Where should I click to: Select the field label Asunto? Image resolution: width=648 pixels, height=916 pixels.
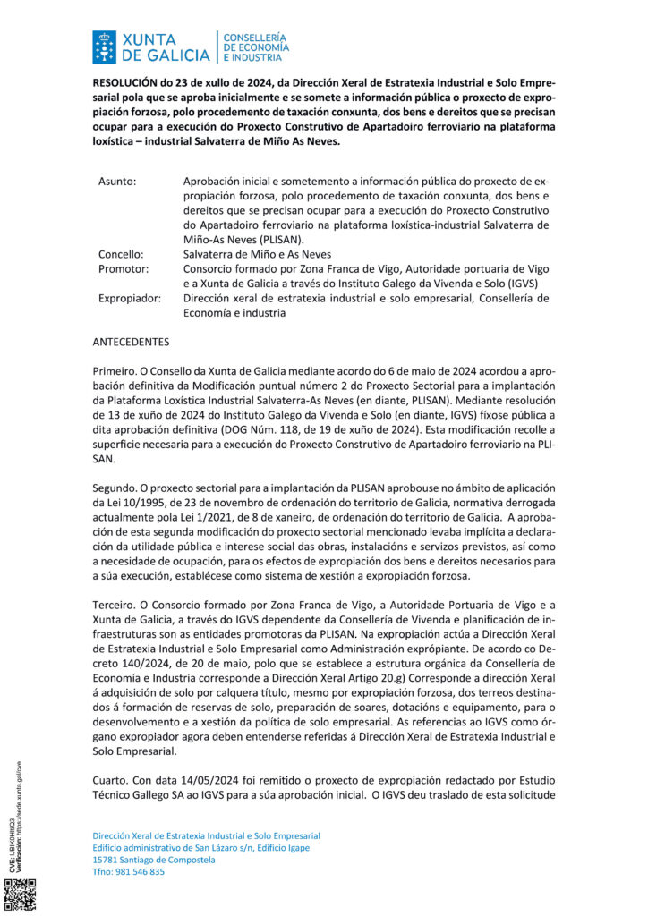point(117,182)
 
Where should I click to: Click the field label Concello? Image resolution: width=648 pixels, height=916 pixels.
point(121,254)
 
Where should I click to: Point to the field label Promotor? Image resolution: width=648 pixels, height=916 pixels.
point(123,268)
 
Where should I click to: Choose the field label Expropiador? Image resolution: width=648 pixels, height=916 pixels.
point(130,298)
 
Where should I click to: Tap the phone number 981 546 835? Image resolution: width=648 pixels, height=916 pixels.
point(141,872)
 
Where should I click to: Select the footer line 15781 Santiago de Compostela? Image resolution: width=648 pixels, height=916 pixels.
point(154,860)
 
